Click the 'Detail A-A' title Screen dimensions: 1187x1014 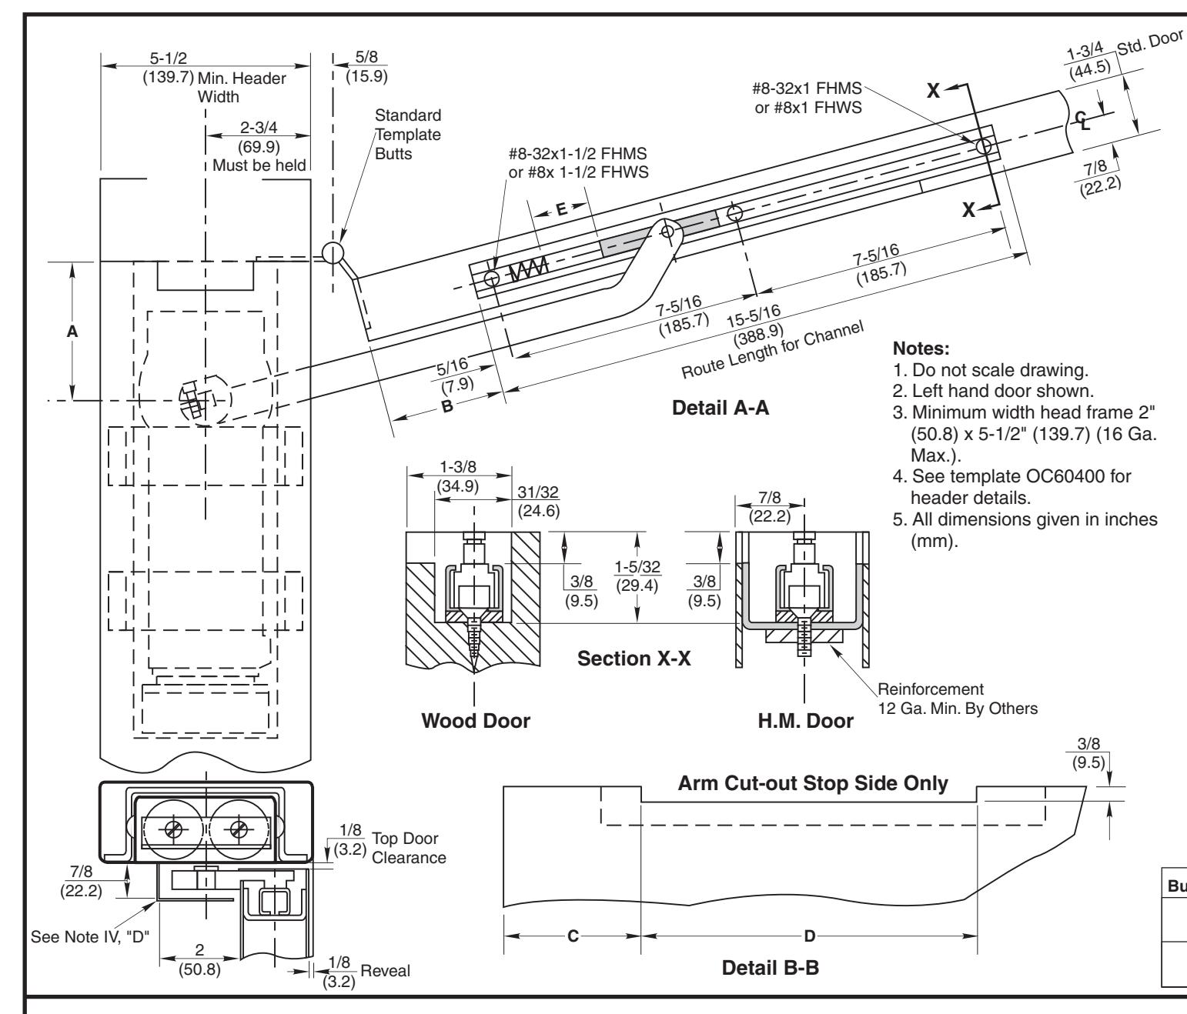720,408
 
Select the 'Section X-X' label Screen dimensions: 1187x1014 634,659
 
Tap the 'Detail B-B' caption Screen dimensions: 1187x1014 770,968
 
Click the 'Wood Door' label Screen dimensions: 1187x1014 476,721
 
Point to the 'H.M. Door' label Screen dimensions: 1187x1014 805,721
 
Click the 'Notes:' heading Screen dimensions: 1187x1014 921,349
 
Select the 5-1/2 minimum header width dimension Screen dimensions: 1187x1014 169,58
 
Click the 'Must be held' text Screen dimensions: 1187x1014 259,165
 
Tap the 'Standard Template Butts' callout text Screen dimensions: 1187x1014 408,135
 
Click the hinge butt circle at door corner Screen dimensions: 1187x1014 333,252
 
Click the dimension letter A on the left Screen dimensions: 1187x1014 72,331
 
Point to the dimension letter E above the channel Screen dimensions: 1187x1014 562,209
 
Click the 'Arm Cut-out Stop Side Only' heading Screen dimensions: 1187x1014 813,783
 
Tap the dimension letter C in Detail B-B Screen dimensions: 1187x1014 573,936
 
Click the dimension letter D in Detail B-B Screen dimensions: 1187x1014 810,936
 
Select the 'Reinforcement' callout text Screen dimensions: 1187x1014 931,689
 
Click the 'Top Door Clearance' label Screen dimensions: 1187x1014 408,848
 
